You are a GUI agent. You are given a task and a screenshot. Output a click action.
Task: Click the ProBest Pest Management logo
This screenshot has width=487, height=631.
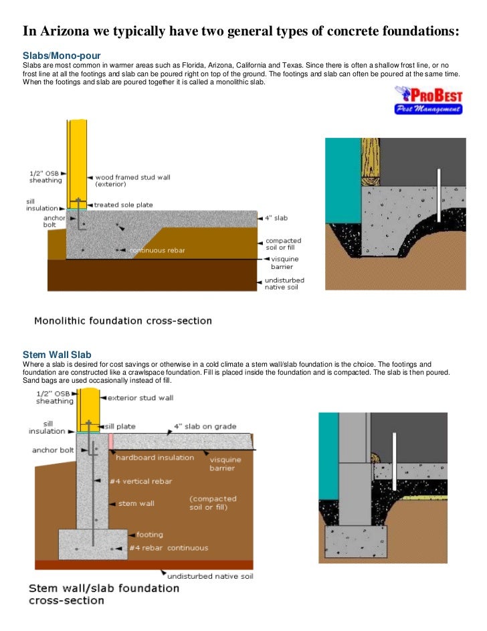[x=427, y=101]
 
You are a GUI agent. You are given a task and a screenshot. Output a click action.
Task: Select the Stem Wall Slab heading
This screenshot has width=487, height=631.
[x=57, y=354]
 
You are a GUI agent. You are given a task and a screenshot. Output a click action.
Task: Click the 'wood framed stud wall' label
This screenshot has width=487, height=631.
[x=132, y=181]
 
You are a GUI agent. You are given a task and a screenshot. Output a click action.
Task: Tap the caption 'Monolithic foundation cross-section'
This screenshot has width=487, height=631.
[x=123, y=321]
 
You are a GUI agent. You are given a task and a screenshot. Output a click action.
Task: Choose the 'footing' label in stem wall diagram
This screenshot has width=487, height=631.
[x=149, y=535]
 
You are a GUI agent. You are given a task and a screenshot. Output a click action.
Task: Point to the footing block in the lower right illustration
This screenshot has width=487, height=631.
[x=354, y=543]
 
